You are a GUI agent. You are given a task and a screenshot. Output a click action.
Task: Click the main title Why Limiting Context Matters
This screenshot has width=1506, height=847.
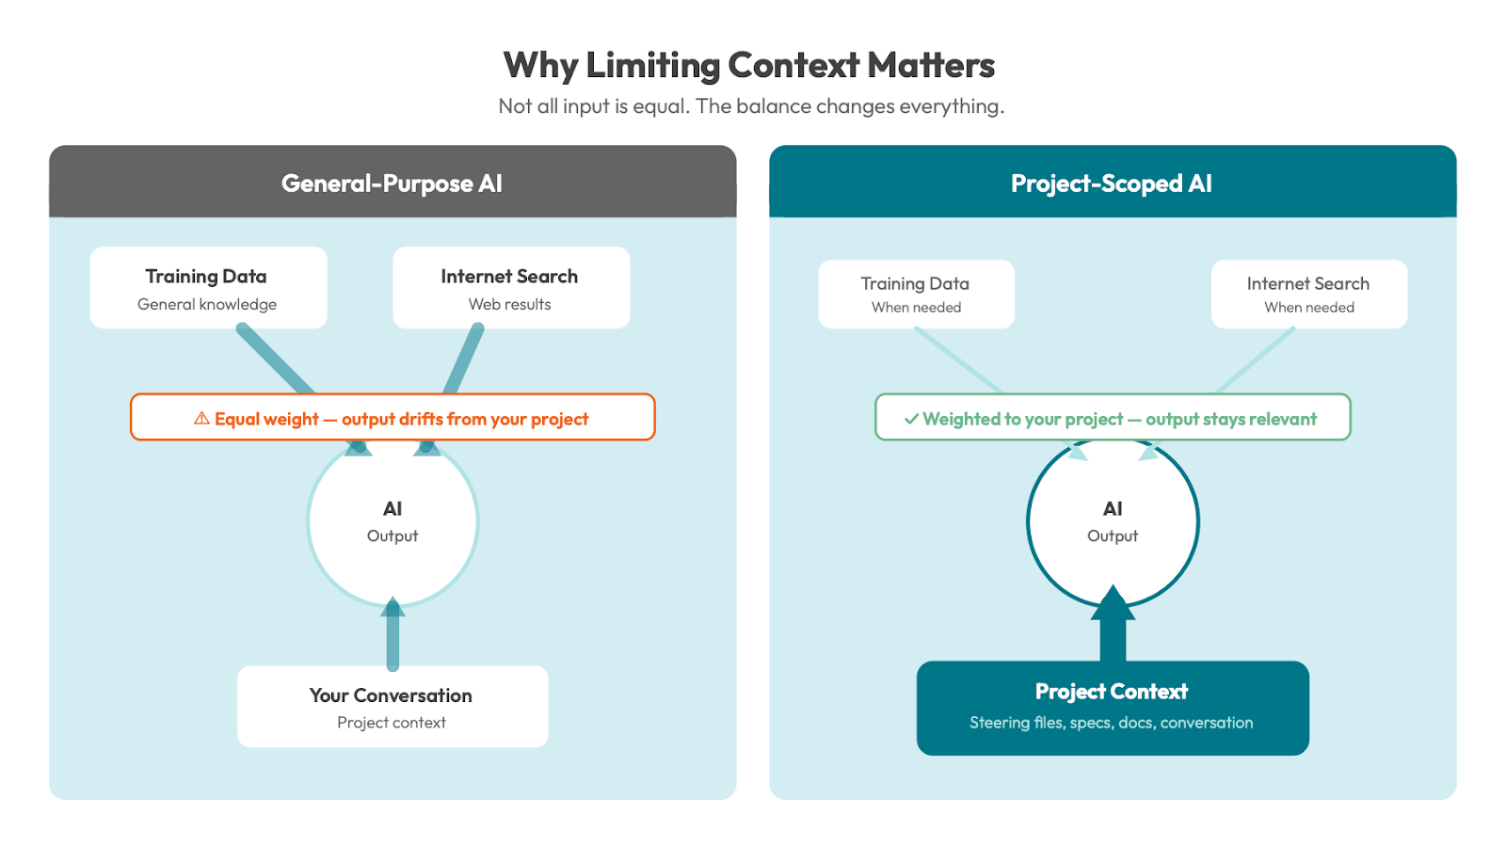pos(748,66)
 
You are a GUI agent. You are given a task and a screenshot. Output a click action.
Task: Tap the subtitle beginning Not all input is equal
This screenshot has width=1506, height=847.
pos(751,106)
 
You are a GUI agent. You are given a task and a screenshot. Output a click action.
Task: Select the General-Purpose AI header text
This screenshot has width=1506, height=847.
pos(392,184)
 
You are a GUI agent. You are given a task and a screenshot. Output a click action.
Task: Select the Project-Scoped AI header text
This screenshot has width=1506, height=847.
pos(1111,184)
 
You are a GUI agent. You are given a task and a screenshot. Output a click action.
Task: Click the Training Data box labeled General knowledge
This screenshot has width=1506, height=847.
pos(208,288)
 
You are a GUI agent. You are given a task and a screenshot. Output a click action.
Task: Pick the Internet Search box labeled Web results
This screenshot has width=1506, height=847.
pos(510,288)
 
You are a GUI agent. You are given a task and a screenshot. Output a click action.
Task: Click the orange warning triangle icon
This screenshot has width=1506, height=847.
pos(201,419)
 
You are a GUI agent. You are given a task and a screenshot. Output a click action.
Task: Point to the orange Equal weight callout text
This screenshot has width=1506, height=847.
pos(401,419)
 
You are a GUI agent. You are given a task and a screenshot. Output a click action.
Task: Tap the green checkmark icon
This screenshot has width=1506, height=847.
pos(910,419)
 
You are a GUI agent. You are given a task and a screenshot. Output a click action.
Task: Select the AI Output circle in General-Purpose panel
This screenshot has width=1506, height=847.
pos(393,522)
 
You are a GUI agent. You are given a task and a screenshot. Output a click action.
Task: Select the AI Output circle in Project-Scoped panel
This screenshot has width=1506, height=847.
pos(1113,522)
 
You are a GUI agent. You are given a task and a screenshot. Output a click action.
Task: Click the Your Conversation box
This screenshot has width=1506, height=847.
pos(393,707)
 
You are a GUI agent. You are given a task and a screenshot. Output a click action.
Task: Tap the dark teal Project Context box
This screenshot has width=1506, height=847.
pos(1113,707)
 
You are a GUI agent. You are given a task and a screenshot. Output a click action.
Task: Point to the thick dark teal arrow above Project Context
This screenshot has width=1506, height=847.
pos(1113,626)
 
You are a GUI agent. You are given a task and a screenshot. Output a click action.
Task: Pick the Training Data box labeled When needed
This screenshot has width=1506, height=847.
pos(916,294)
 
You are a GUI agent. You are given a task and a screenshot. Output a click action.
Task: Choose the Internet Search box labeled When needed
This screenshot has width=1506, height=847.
pos(1308,294)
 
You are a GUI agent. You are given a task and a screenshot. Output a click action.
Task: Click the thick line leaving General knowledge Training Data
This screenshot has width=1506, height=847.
pos(275,360)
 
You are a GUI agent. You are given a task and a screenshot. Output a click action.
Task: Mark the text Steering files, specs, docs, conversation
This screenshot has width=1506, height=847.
pos(1111,723)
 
